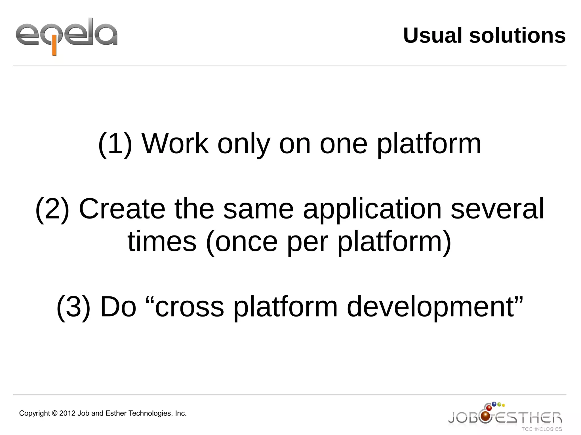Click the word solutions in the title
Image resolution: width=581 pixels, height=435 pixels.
517,36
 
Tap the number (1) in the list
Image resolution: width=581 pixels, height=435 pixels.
115,144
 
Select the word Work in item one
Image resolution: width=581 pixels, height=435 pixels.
175,144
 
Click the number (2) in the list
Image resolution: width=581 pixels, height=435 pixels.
52,209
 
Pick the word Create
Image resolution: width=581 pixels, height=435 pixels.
122,209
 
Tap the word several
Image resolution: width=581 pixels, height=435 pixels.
497,209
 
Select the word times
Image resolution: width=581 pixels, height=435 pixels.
162,242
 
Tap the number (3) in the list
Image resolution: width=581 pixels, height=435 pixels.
73,307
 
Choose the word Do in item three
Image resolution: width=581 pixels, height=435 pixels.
118,307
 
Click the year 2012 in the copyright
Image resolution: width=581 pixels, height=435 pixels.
67,413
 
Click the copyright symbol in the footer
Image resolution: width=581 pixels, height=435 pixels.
54,413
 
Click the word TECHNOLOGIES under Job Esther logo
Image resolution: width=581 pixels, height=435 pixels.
542,429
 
